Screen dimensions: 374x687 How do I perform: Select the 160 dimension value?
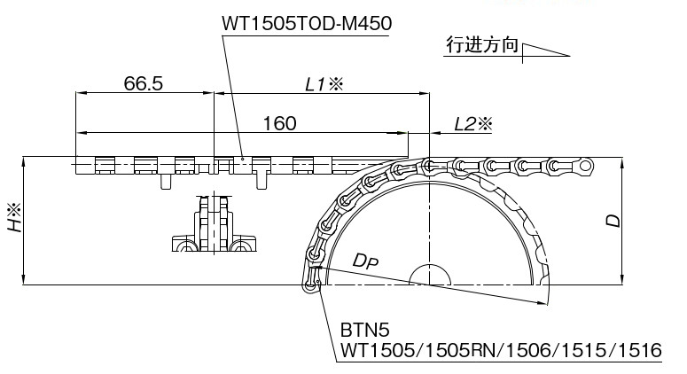click(279, 123)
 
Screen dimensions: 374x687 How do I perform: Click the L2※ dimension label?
click(472, 124)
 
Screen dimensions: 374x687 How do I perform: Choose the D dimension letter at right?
click(612, 221)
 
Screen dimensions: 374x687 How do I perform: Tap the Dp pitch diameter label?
click(365, 261)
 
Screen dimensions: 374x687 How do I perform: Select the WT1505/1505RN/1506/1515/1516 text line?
click(500, 351)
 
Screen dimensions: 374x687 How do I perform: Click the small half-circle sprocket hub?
click(428, 276)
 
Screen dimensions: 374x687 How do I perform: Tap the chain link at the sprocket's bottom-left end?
click(311, 282)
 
